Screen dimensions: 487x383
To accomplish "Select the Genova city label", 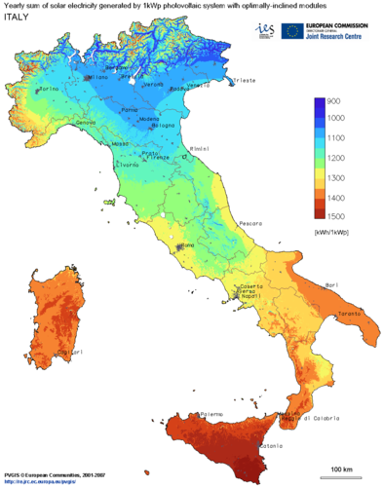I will tap(86, 122).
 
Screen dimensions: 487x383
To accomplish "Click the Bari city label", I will tap(330, 284).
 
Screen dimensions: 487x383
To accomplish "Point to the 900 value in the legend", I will tap(332, 101).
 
